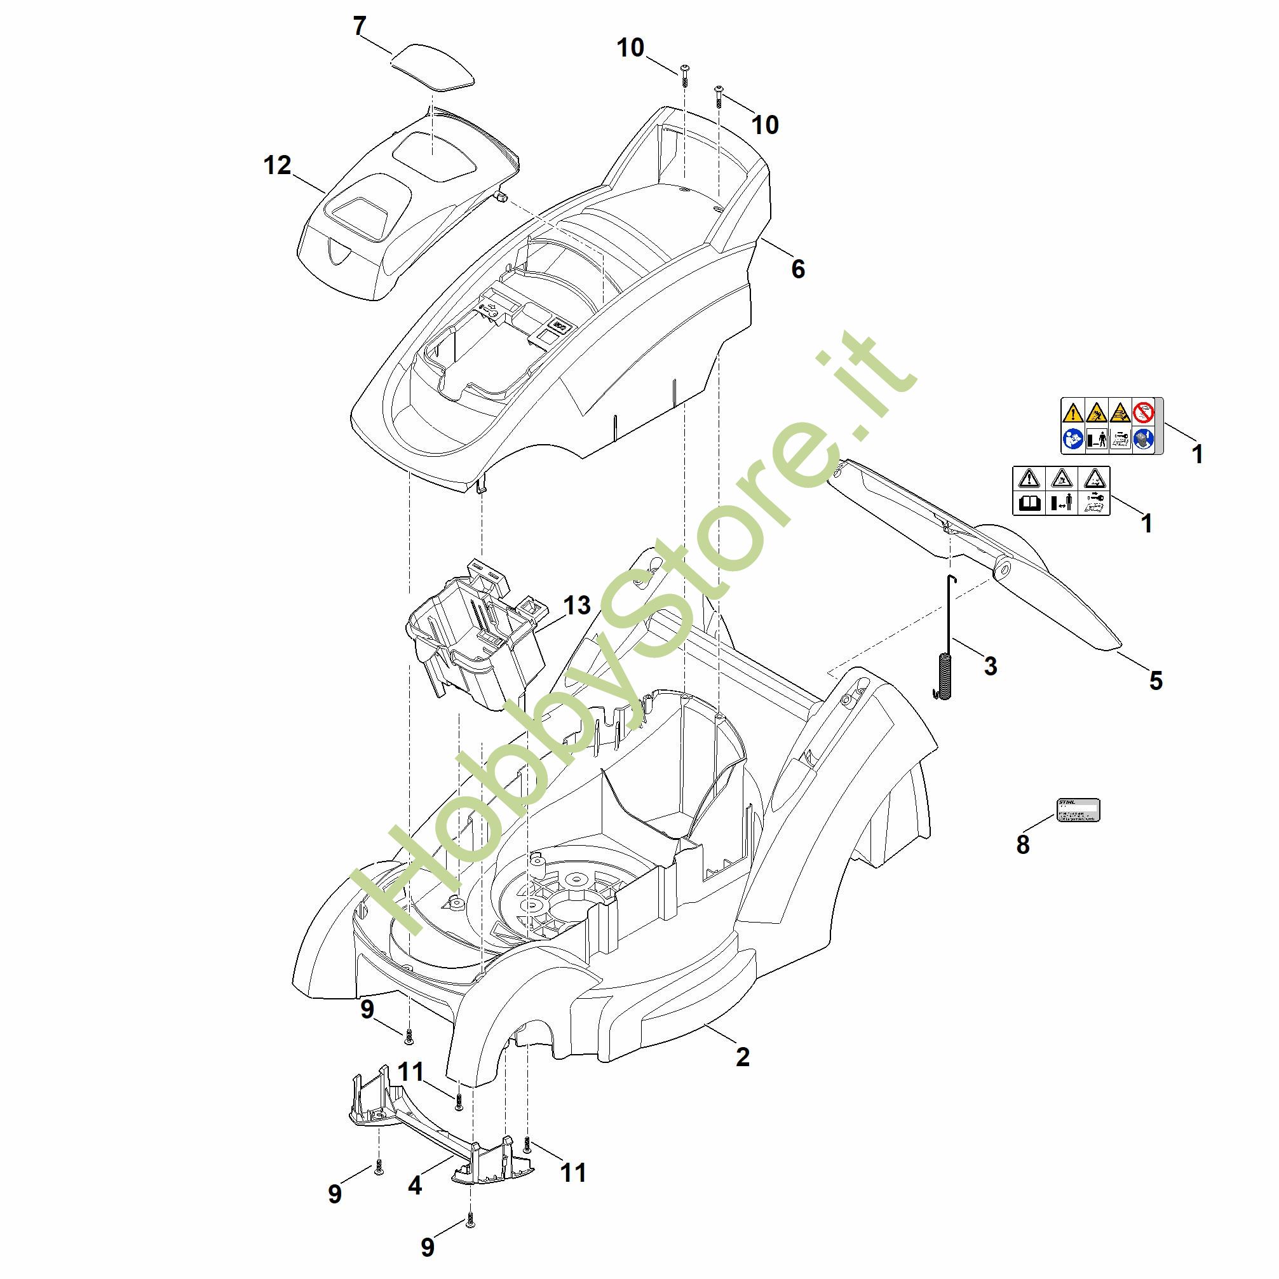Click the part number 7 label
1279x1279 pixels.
point(360,27)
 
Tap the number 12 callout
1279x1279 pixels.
point(278,165)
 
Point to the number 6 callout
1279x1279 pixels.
point(798,269)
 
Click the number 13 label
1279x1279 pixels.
point(577,605)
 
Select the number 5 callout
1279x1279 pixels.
point(1155,680)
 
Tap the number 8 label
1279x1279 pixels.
point(1023,844)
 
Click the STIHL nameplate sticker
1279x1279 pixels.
point(1077,810)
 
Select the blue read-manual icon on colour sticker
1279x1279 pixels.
point(1073,439)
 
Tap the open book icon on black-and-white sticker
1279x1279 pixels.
point(1029,503)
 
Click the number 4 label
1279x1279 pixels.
point(414,1185)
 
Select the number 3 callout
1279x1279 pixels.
point(990,666)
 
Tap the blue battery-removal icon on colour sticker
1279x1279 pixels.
point(1144,439)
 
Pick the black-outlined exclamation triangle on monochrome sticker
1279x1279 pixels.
point(1029,478)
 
